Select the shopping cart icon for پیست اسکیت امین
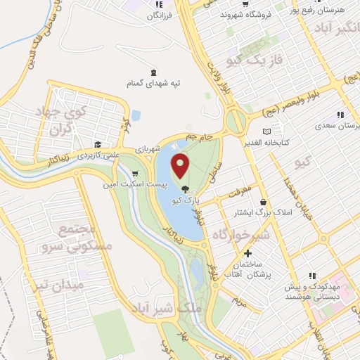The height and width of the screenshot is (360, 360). (x=134, y=173)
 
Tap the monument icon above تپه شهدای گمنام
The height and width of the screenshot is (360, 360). (x=154, y=72)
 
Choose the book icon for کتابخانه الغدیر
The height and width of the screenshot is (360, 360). (x=266, y=131)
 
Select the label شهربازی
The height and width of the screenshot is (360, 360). (x=169, y=148)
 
